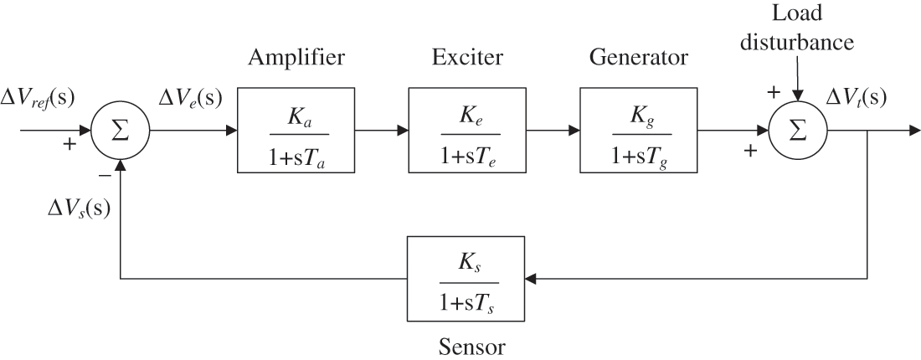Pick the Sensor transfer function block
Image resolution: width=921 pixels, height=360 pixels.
click(x=466, y=278)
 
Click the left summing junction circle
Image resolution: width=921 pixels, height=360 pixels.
click(x=121, y=131)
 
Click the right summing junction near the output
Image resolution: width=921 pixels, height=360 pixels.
click(x=798, y=131)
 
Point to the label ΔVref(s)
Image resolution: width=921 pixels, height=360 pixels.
click(x=37, y=97)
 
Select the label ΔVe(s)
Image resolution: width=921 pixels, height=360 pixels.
click(x=190, y=97)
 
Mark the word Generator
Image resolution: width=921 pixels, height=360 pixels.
click(x=638, y=58)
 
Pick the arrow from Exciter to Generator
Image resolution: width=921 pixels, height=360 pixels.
click(x=552, y=131)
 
